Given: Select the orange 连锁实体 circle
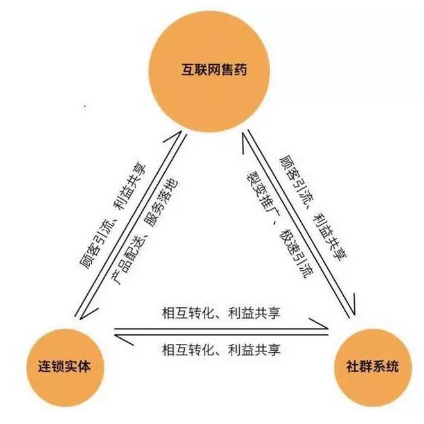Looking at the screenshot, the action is coord(65,368).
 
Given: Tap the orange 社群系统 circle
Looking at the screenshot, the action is coord(373,368).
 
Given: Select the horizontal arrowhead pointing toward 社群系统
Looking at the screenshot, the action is coord(319,324).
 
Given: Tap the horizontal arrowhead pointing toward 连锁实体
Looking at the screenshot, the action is coord(124,340).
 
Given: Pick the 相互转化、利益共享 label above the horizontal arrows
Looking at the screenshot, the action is coord(221,313).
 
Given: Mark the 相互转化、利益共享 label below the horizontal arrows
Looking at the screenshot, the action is coord(221,350).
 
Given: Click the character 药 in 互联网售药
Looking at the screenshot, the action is coord(241,69).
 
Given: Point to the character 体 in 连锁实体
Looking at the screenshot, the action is coord(83,367).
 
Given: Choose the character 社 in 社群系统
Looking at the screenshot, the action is coord(353,367).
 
